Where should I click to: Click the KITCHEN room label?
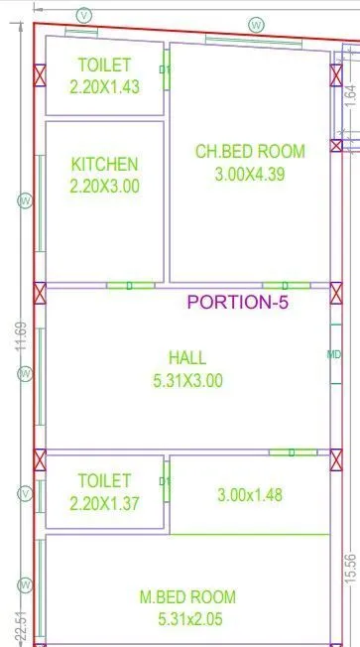point(104,164)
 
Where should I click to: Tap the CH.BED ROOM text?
point(250,151)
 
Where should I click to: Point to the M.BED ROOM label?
point(187,596)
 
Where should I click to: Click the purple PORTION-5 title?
point(238,303)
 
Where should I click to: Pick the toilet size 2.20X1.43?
point(104,86)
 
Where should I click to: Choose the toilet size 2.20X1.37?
point(104,503)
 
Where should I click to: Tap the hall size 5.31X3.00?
point(187,379)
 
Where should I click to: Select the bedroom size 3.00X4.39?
point(250,173)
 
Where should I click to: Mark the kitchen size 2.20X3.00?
point(104,186)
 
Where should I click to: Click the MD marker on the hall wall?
point(335,354)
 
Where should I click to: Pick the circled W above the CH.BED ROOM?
point(257,24)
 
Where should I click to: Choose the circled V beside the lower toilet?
point(25,493)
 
